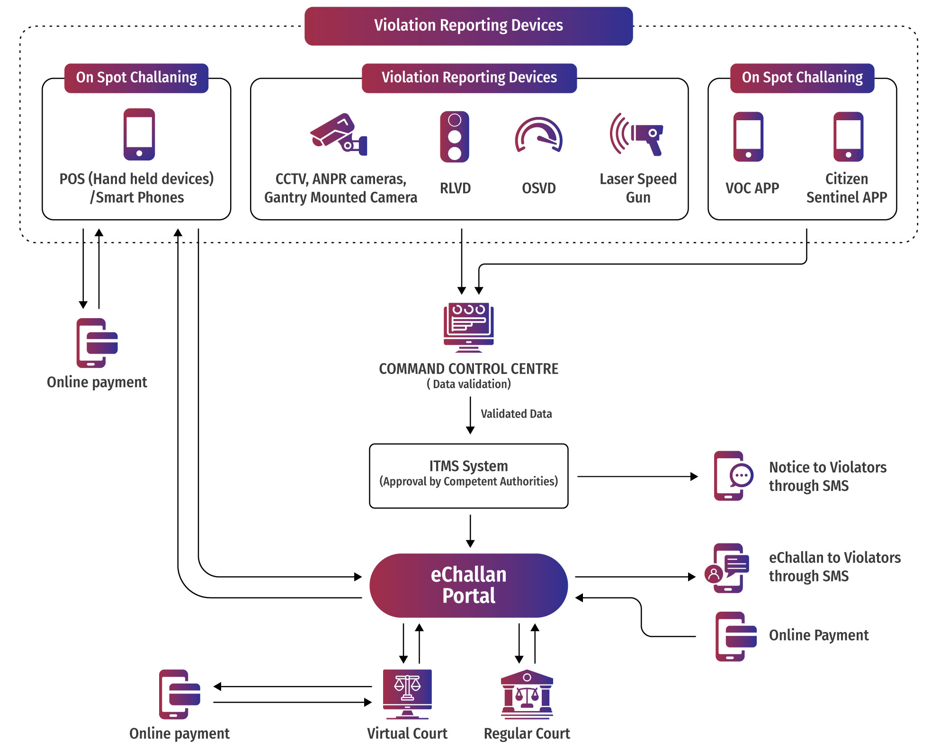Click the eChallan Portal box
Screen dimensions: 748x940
468,585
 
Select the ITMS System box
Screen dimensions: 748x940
468,475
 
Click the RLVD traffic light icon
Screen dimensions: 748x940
454,137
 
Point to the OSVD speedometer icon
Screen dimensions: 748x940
538,135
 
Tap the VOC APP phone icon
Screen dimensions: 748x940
748,137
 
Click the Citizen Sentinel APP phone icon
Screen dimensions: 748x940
848,137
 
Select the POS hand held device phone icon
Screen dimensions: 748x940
139,134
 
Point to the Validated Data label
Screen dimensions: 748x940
516,414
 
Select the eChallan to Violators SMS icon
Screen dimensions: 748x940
727,568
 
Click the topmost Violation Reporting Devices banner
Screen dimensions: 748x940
468,26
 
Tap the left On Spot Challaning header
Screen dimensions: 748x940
136,78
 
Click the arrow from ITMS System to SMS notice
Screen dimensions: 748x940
637,476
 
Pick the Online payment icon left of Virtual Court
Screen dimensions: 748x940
179,694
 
